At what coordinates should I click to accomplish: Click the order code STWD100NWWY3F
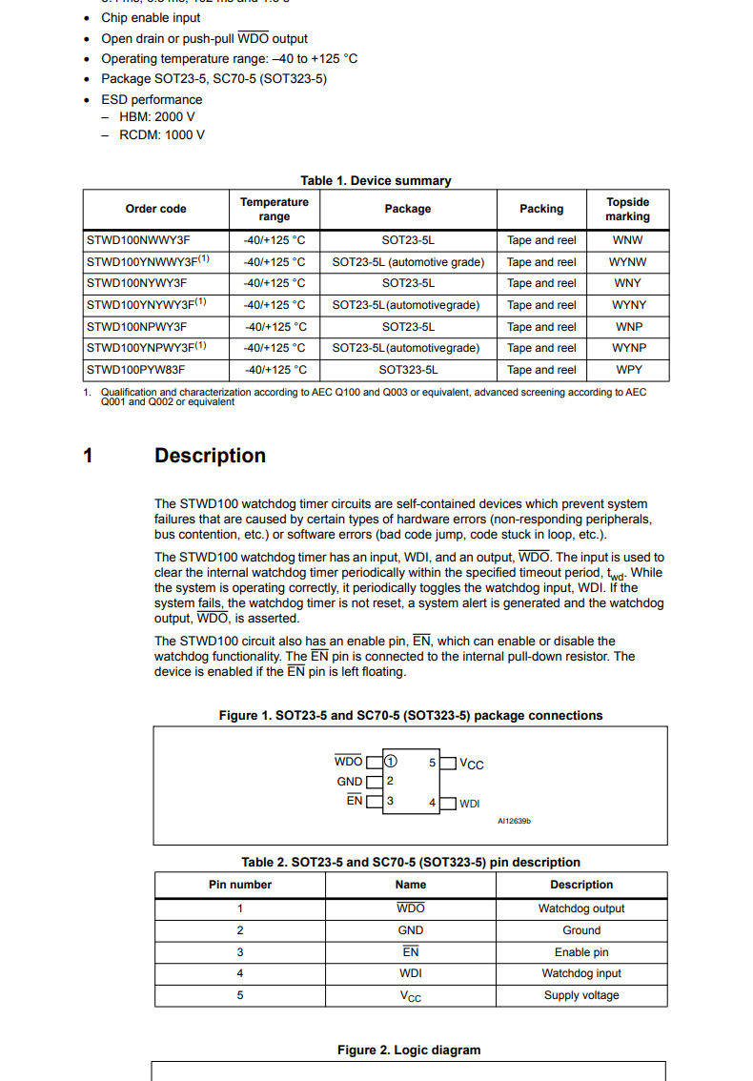[137, 240]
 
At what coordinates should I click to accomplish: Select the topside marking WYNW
[627, 262]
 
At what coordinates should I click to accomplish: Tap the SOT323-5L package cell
[408, 370]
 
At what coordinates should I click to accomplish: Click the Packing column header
[541, 209]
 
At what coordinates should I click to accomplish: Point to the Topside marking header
[627, 209]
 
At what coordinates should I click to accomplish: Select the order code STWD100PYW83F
[137, 370]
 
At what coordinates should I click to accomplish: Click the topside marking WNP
[627, 327]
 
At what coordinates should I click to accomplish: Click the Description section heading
[210, 456]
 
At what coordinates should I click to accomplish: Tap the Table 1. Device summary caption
[376, 180]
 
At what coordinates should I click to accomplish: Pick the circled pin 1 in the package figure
[391, 762]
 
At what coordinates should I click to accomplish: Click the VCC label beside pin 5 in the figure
[472, 764]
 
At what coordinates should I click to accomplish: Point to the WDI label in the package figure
[470, 804]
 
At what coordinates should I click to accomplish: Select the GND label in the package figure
[350, 782]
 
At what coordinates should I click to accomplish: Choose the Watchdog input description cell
[581, 973]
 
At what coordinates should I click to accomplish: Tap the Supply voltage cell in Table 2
[581, 995]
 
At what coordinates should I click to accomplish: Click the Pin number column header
[240, 885]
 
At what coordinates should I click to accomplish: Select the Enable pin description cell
[581, 952]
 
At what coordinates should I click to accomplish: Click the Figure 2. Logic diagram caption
[409, 1050]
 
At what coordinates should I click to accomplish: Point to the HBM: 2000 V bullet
[157, 117]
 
